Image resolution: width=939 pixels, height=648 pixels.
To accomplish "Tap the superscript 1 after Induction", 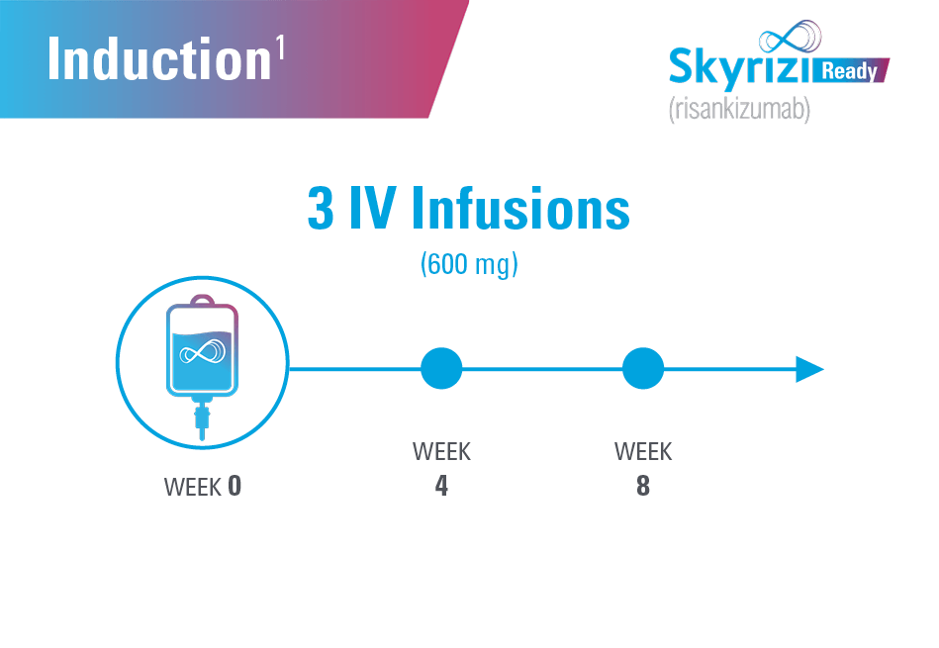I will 280,48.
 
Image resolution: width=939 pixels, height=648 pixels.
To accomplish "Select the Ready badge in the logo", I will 852,71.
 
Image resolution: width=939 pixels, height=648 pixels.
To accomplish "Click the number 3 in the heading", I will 322,209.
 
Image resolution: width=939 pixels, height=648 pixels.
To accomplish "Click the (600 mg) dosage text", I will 469,265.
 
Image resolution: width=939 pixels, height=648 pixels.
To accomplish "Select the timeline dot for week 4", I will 441,369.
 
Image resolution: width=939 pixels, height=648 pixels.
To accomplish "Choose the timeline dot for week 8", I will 643,369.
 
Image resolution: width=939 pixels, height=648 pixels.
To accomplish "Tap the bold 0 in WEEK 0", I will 234,487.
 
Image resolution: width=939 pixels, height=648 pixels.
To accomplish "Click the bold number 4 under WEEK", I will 441,487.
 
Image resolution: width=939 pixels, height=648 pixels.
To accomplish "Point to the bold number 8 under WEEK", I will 643,487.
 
